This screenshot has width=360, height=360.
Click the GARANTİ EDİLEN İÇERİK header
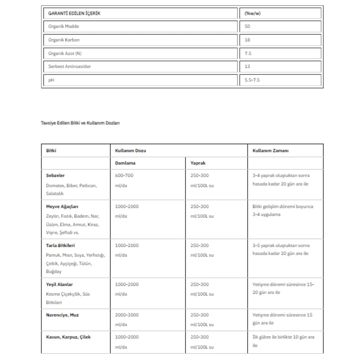pyautogui.click(x=74, y=13)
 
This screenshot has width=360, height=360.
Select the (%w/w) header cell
pyautogui.click(x=252, y=13)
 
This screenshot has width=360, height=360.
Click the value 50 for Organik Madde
pyautogui.click(x=247, y=26)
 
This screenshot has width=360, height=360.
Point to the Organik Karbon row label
pyautogui.click(x=64, y=40)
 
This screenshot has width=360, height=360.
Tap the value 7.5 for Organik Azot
pyautogui.click(x=248, y=53)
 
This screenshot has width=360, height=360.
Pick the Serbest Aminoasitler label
pyautogui.click(x=69, y=67)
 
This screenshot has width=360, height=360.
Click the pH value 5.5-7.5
pyautogui.click(x=252, y=80)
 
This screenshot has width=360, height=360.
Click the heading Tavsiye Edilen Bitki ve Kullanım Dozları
pyautogui.click(x=80, y=123)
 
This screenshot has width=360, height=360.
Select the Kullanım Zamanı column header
pyautogui.click(x=270, y=151)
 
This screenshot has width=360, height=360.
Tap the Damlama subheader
pyautogui.click(x=125, y=163)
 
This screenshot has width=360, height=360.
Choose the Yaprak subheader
pyautogui.click(x=198, y=163)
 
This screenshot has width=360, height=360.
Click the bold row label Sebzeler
pyautogui.click(x=55, y=175)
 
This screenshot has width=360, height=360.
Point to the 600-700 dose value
pyautogui.click(x=124, y=175)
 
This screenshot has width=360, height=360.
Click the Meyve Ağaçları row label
pyautogui.click(x=62, y=207)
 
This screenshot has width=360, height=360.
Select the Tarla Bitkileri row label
pyautogui.click(x=60, y=245)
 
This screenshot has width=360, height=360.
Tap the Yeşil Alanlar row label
pyautogui.click(x=59, y=284)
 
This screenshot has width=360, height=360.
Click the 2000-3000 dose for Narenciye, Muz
pyautogui.click(x=127, y=315)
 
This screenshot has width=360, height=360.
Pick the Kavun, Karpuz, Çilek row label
pyautogui.click(x=68, y=337)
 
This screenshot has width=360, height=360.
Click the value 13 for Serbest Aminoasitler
pyautogui.click(x=247, y=67)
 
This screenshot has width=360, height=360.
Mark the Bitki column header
pyautogui.click(x=51, y=151)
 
